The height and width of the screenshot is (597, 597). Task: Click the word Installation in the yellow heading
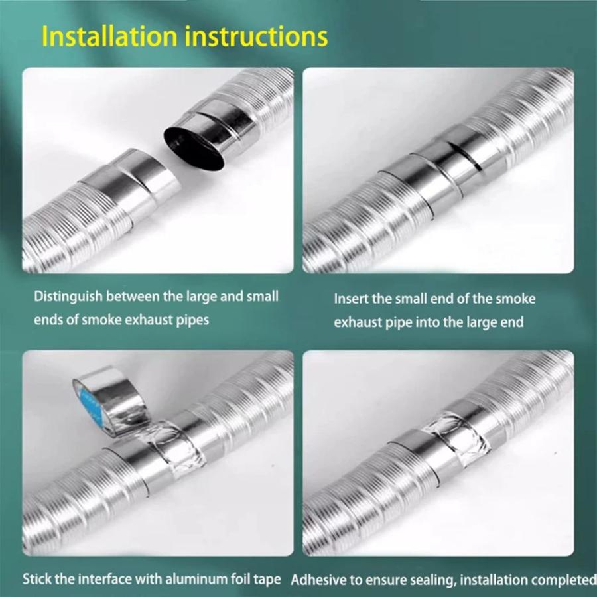click(109, 36)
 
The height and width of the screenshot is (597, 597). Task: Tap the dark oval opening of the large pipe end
click(194, 146)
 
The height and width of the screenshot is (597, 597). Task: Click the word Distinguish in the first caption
click(68, 297)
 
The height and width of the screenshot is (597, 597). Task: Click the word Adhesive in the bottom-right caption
click(318, 580)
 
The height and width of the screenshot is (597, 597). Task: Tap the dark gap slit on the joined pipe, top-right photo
click(465, 156)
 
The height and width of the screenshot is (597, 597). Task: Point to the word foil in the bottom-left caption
click(241, 579)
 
